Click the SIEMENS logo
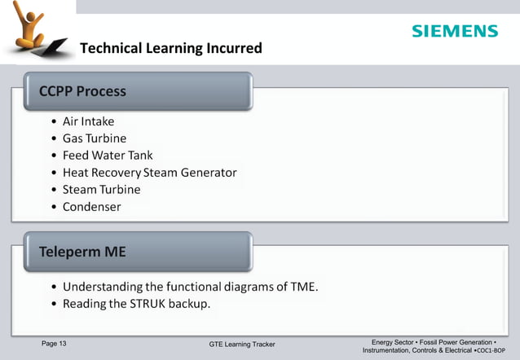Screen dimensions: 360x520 pyautogui.click(x=454, y=31)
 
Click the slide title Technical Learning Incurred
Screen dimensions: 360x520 pyautogui.click(x=170, y=48)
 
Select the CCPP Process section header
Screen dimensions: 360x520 pyautogui.click(x=83, y=91)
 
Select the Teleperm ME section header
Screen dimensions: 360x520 pyautogui.click(x=83, y=252)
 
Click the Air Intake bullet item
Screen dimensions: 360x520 pyautogui.click(x=88, y=121)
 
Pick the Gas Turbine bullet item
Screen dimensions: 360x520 pyautogui.click(x=95, y=138)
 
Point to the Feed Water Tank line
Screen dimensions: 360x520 pyautogui.click(x=108, y=156)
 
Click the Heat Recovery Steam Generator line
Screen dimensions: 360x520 pyautogui.click(x=149, y=173)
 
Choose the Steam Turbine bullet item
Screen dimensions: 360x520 pyautogui.click(x=101, y=190)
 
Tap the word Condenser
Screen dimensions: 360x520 pyautogui.click(x=91, y=207)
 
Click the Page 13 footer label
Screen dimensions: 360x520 pyautogui.click(x=54, y=344)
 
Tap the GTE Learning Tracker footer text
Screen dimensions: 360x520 pyautogui.click(x=242, y=345)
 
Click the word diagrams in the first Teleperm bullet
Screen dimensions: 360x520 pyautogui.click(x=248, y=287)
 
